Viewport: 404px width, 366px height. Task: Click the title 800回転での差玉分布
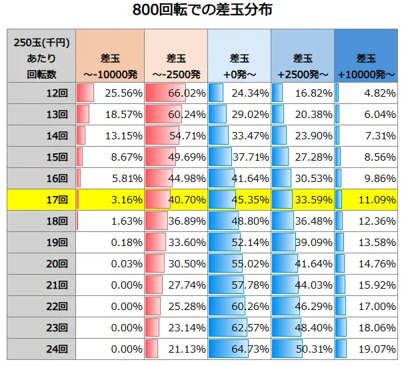[202, 11]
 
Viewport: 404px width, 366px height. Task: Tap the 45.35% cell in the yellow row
[239, 199]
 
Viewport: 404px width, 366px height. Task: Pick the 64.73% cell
[239, 348]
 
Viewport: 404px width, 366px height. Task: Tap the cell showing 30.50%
[175, 263]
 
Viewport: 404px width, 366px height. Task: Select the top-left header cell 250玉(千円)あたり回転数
[41, 56]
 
